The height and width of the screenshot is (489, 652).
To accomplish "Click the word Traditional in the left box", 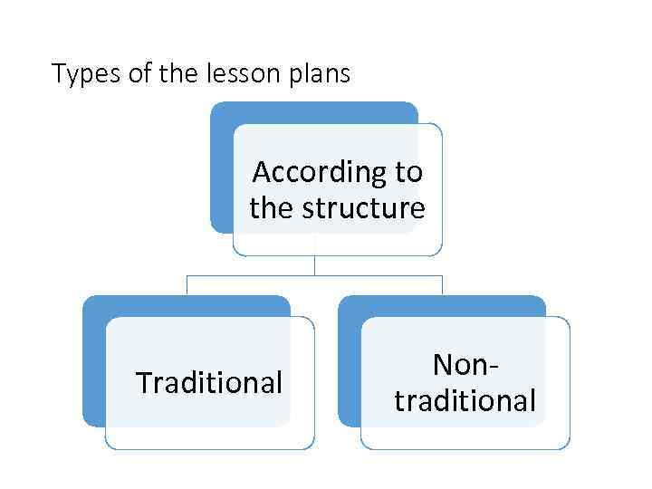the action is (209, 383).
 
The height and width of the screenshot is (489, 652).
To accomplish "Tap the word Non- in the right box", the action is (465, 364).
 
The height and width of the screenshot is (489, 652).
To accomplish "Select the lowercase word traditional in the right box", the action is (465, 400).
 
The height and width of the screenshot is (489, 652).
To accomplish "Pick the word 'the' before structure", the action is (272, 208).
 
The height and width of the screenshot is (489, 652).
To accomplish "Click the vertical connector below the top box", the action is (314, 264).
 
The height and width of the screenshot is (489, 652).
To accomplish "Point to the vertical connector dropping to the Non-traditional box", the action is (442, 284).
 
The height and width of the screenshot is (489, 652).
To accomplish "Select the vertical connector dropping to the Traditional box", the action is (187, 284).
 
